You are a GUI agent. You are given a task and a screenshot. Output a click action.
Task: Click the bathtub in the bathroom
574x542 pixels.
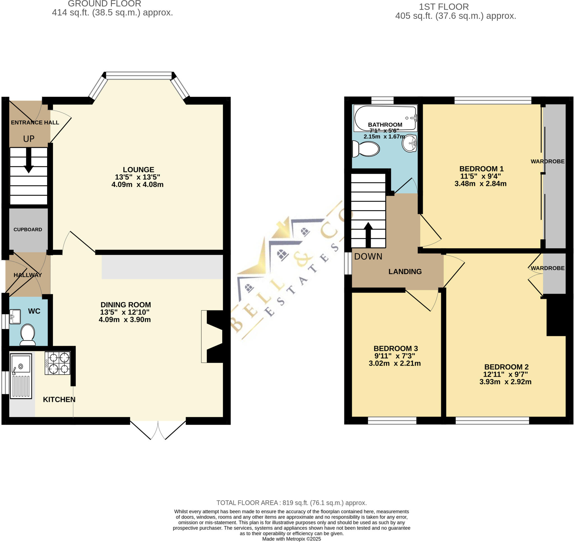tap(385, 118)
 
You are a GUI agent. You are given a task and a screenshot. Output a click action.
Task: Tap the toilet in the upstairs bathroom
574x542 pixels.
tap(366, 149)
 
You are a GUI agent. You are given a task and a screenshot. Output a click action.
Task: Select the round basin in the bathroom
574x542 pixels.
tap(409, 143)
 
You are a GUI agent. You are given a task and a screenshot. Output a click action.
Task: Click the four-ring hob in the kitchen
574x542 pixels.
tap(57, 363)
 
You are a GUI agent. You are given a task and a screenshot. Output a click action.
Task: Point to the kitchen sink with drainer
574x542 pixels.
tap(21, 376)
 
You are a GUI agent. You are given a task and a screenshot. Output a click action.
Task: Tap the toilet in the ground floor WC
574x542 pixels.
tap(27, 335)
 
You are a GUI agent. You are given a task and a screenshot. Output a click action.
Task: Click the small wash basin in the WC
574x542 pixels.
tap(15, 316)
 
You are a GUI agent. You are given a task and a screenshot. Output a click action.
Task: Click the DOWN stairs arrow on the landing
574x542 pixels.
tap(368, 235)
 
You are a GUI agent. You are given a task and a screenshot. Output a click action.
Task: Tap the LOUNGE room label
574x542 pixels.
tap(138, 170)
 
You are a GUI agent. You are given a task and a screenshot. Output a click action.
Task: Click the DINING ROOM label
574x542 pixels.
tap(125, 305)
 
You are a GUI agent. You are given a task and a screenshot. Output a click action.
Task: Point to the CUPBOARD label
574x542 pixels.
tap(28, 230)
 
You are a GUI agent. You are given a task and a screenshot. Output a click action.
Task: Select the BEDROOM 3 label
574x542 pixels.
tap(395, 348)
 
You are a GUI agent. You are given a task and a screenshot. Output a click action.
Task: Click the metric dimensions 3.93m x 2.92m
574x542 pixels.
tap(505, 382)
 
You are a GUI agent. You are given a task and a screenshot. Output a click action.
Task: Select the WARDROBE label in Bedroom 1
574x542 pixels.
tap(547, 161)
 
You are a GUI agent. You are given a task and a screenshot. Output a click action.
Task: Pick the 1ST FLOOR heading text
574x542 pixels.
tap(444, 7)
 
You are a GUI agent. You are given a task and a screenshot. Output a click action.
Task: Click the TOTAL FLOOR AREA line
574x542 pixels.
tap(291, 503)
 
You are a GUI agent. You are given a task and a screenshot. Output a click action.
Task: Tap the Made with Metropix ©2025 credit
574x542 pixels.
tap(291, 539)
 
